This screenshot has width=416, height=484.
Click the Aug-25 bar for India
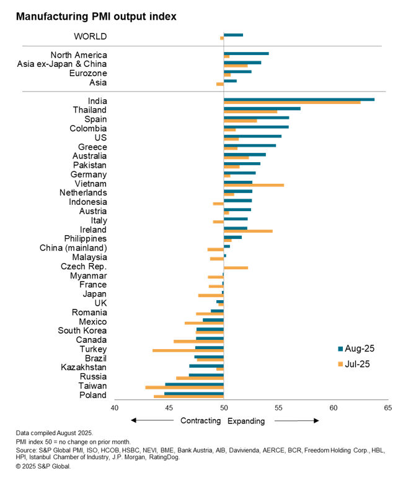coord(299,99)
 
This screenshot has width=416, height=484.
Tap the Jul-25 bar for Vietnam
coord(254,185)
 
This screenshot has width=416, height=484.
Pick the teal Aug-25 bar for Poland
coord(193,393)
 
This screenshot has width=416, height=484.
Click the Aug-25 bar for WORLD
coord(233,35)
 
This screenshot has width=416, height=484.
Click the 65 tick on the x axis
coord(388,408)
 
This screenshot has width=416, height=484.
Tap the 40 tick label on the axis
coord(114,408)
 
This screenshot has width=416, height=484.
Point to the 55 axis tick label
coord(278,408)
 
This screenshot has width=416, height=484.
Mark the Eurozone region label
coord(87,73)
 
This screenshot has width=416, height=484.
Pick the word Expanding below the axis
coord(246,421)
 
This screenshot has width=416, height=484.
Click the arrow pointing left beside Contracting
coord(152,421)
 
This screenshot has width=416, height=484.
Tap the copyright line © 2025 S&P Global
coord(43,466)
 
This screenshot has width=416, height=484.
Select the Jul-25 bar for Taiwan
coord(184,387)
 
